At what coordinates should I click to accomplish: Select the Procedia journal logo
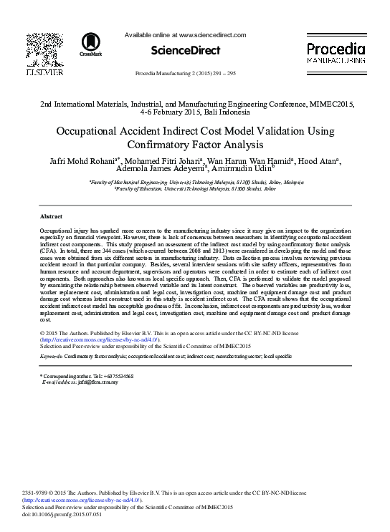pos(336,54)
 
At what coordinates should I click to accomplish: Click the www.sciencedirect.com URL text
pos(211,35)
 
